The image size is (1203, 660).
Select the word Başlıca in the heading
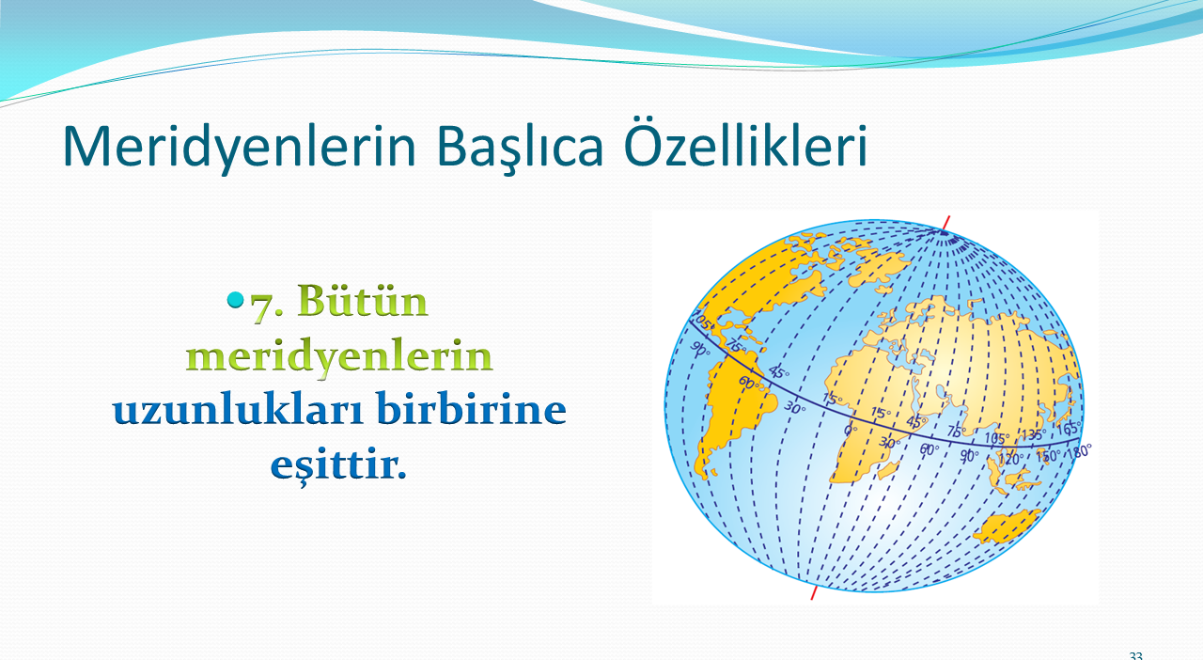point(520,146)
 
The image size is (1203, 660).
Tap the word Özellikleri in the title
point(745,142)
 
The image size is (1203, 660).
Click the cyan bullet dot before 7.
point(235,300)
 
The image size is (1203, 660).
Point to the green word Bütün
point(363,301)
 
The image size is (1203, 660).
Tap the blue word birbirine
point(471,410)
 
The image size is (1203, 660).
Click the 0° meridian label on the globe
point(850,431)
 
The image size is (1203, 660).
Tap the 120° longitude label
point(1008,460)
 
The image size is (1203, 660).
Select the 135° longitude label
point(1033,434)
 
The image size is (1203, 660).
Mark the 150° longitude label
point(1048,456)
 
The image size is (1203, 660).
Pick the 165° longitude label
point(1069,429)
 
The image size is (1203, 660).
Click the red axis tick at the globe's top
point(946,223)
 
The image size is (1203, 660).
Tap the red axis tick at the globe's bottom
point(814,593)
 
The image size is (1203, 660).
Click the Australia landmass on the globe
point(1007,526)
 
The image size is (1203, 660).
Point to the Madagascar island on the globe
point(889,470)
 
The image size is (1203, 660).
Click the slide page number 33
point(1136,655)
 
